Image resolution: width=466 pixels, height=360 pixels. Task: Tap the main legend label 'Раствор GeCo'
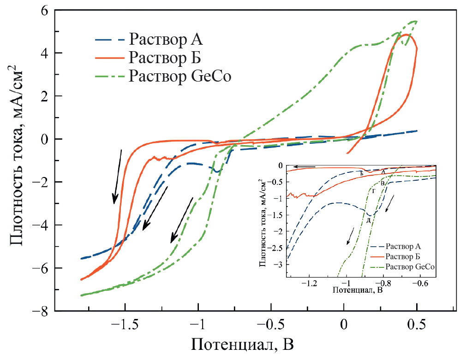coord(180,76)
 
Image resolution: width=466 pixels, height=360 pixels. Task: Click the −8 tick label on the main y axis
coord(42,312)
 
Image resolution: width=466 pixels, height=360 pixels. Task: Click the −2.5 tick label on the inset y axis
coord(277,248)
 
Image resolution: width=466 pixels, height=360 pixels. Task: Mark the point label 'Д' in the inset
coord(368,220)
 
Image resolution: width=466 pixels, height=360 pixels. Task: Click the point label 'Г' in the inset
coord(373,190)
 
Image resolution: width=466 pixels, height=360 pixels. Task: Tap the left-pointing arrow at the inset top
coord(306,166)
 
